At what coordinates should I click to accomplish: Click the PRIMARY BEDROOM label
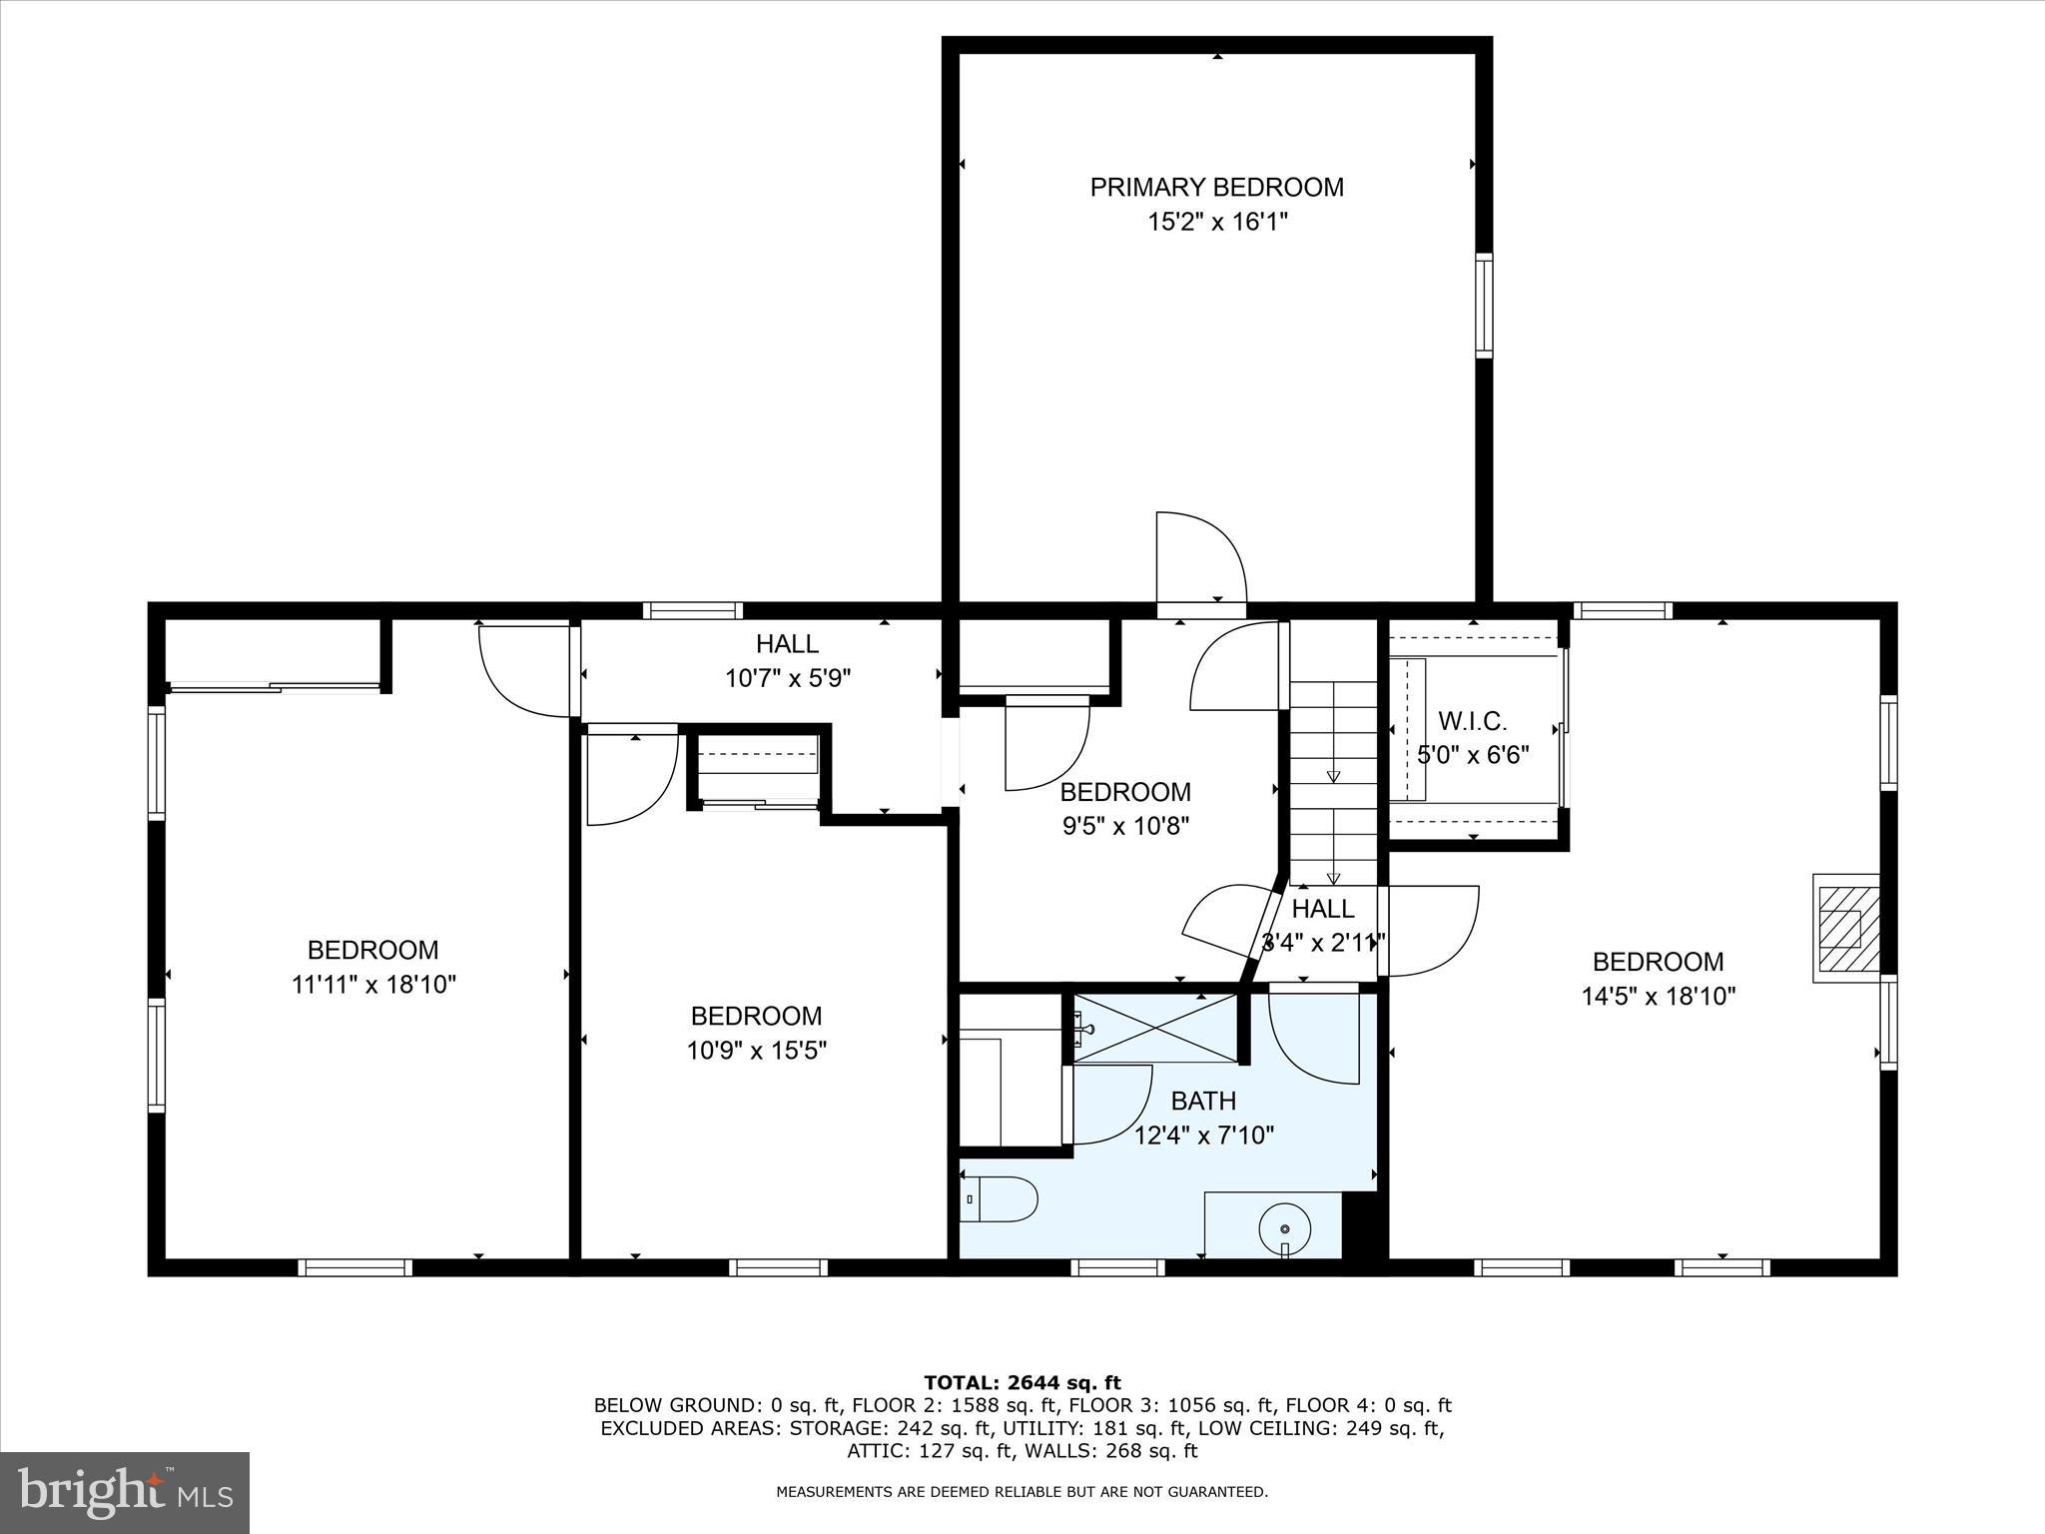click(x=1216, y=187)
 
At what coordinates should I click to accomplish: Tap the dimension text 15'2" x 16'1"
click(x=1216, y=222)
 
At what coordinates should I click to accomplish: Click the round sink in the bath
click(x=1285, y=1228)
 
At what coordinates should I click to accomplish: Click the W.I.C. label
click(x=1472, y=720)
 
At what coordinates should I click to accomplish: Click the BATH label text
click(x=1203, y=1101)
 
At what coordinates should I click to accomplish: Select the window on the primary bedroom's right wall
click(x=1484, y=306)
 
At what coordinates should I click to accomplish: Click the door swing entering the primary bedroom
click(x=1202, y=559)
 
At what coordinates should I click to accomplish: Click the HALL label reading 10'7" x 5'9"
click(x=787, y=644)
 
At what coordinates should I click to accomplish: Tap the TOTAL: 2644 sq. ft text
click(x=1022, y=1382)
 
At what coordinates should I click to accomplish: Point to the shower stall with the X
click(x=1155, y=1028)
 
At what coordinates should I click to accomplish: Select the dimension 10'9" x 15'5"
click(x=756, y=1051)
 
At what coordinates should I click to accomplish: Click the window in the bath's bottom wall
click(x=1117, y=1267)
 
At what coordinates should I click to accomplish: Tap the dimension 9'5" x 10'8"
click(x=1125, y=826)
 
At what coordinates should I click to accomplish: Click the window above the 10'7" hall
click(x=692, y=611)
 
